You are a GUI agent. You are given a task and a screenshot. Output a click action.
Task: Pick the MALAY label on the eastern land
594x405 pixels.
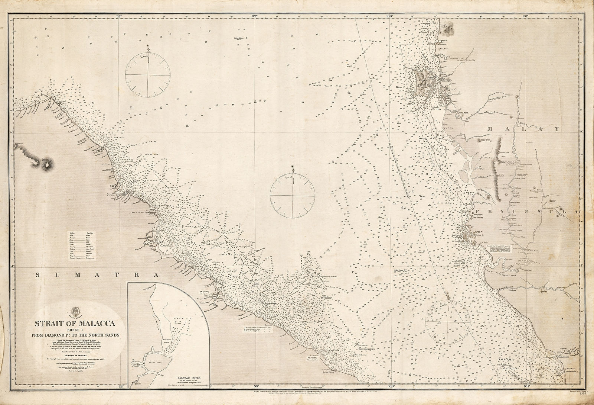(523, 129)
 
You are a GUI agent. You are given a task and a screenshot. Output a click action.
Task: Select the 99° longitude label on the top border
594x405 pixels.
(254, 16)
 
